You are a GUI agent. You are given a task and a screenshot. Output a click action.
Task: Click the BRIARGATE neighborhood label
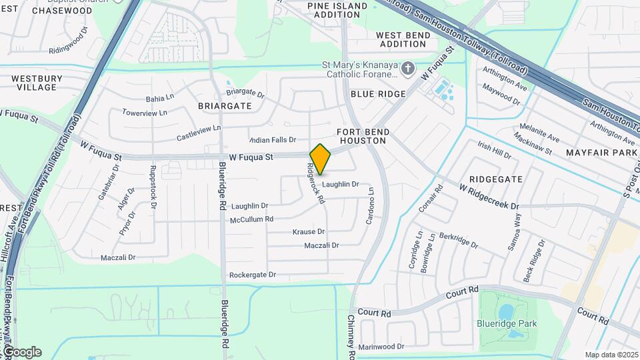225,106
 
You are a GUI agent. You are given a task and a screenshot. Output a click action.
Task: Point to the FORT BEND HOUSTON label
362,137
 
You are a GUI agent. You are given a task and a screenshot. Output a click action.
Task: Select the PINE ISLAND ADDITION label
337,10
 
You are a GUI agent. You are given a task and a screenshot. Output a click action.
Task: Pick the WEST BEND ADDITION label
401,39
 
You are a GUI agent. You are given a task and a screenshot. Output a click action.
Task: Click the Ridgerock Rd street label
315,184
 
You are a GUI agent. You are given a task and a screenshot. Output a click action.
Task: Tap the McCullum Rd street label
251,219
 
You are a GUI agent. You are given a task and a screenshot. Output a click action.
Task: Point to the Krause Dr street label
308,232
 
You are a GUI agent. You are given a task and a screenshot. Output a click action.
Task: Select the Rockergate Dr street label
252,275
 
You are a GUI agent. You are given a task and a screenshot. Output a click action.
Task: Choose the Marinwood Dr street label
381,347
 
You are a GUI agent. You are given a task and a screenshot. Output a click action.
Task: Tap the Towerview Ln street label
148,113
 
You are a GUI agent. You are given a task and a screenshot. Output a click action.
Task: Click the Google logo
21,352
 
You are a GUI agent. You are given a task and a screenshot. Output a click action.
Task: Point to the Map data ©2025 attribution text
611,355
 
